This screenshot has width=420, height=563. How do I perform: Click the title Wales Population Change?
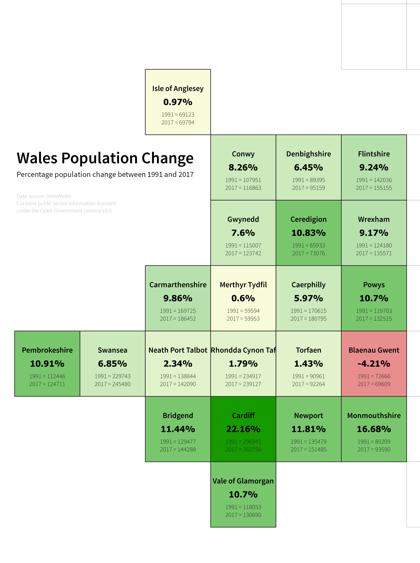(105, 158)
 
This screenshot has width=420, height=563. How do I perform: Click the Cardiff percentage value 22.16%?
(243, 429)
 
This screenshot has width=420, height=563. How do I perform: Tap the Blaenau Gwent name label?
(374, 350)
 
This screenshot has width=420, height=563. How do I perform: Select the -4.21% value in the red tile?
(374, 364)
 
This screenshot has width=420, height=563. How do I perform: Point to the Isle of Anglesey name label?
(178, 89)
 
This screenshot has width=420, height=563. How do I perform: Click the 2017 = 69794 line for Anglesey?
(178, 122)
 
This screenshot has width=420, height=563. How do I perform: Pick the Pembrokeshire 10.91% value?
(47, 364)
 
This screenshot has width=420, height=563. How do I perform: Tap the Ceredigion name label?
(308, 219)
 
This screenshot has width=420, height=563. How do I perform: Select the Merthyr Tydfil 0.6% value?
(243, 298)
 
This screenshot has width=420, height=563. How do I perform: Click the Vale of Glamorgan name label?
(243, 481)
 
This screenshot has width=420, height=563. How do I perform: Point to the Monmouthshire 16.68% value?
(374, 429)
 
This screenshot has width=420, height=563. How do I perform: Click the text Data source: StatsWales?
(44, 196)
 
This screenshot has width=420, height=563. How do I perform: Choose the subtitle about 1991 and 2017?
(105, 175)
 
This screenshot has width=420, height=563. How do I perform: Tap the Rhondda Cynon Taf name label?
(243, 350)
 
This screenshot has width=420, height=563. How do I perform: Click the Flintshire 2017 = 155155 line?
(374, 188)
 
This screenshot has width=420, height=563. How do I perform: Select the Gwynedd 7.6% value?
(243, 233)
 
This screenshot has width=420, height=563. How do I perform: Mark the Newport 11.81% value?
(308, 429)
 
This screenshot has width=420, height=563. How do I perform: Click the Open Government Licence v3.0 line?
(64, 211)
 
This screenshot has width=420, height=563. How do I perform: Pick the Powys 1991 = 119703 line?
(374, 311)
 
